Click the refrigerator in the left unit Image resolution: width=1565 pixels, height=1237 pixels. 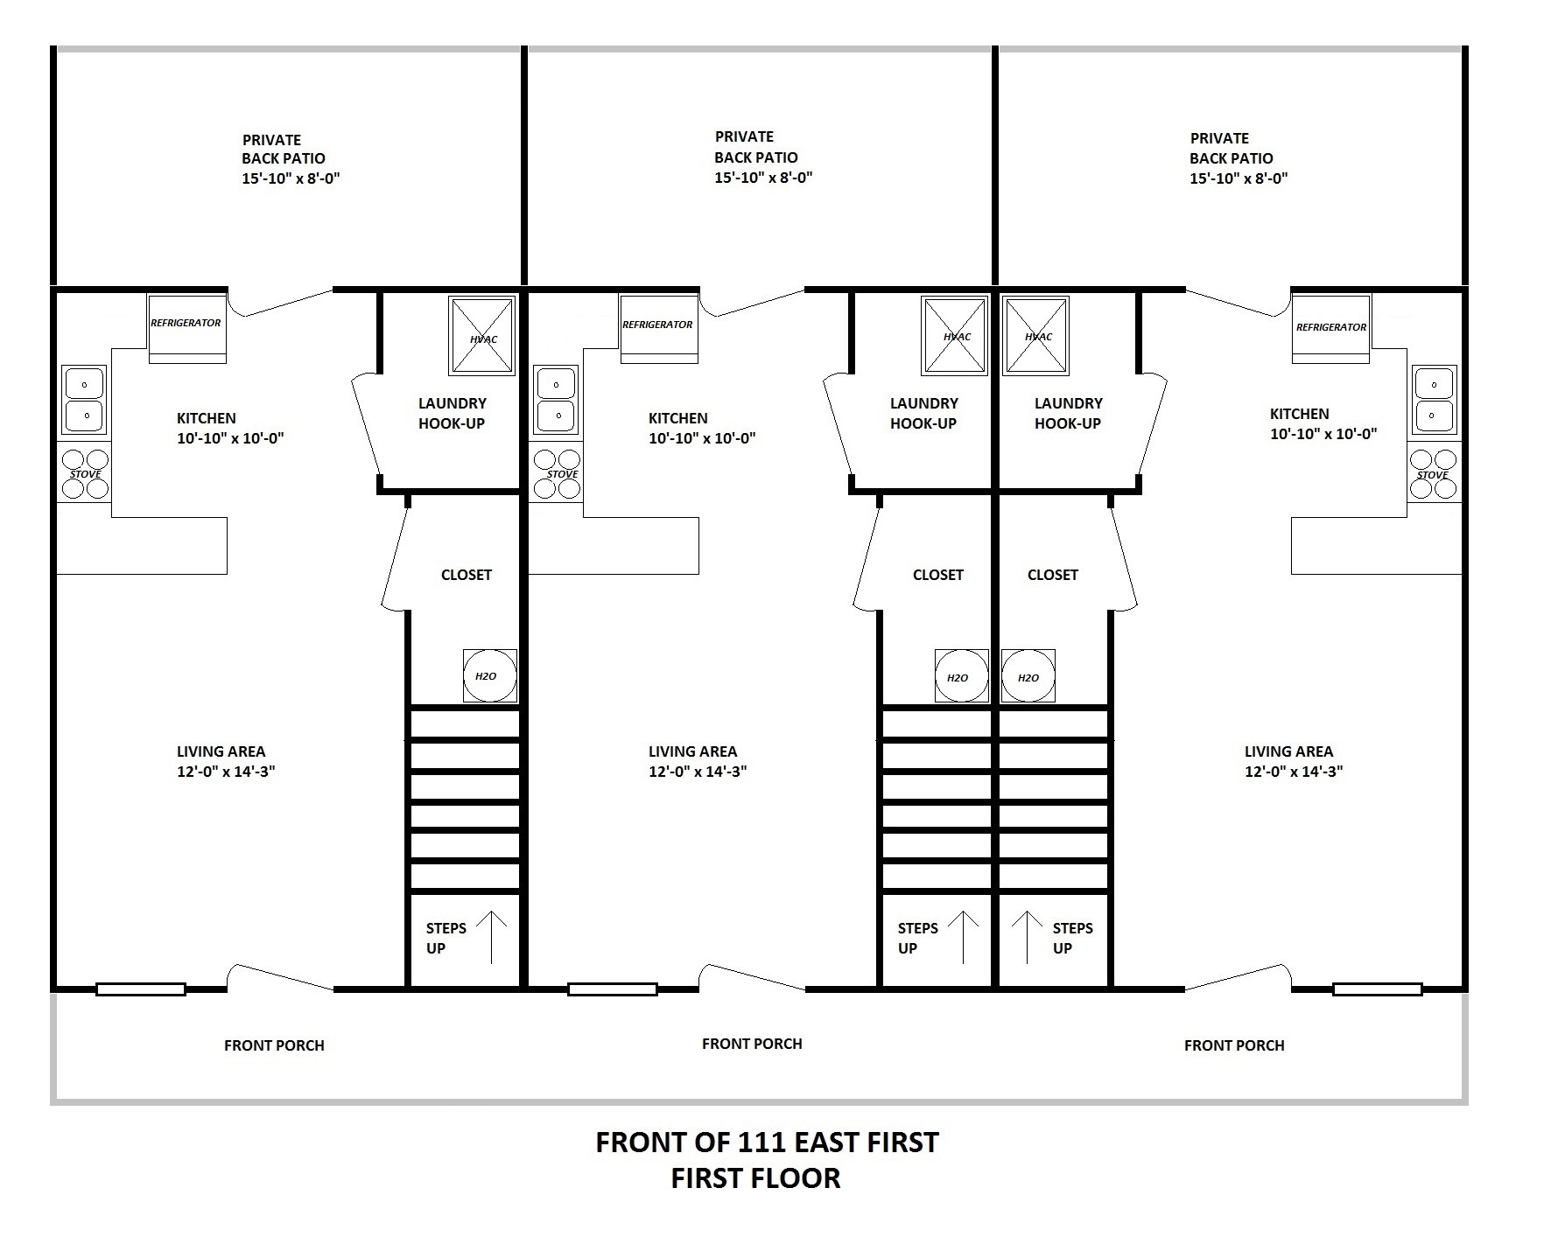tap(187, 328)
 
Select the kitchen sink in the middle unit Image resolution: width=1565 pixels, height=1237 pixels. tap(556, 400)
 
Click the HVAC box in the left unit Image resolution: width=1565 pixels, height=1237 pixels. tap(482, 336)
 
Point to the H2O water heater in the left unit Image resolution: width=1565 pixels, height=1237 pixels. tap(490, 675)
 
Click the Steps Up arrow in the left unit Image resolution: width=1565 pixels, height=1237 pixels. tap(492, 937)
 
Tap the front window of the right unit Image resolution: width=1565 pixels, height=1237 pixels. tap(1378, 989)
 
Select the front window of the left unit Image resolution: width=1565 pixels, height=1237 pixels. tap(141, 989)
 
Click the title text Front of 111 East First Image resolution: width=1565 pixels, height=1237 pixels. tap(767, 1142)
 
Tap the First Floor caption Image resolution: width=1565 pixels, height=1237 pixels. tap(755, 1178)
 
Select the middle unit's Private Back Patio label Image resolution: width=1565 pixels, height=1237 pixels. tap(763, 157)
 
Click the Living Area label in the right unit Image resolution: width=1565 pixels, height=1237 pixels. tap(1294, 761)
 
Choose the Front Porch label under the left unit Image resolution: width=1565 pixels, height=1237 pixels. tap(274, 1045)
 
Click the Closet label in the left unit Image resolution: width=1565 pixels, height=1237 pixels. tap(467, 575)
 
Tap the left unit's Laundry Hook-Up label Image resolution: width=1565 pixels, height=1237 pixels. tap(452, 413)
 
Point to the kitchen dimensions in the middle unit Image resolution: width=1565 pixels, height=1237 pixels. tap(702, 438)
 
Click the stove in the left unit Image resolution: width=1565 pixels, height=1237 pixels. tap(85, 473)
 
